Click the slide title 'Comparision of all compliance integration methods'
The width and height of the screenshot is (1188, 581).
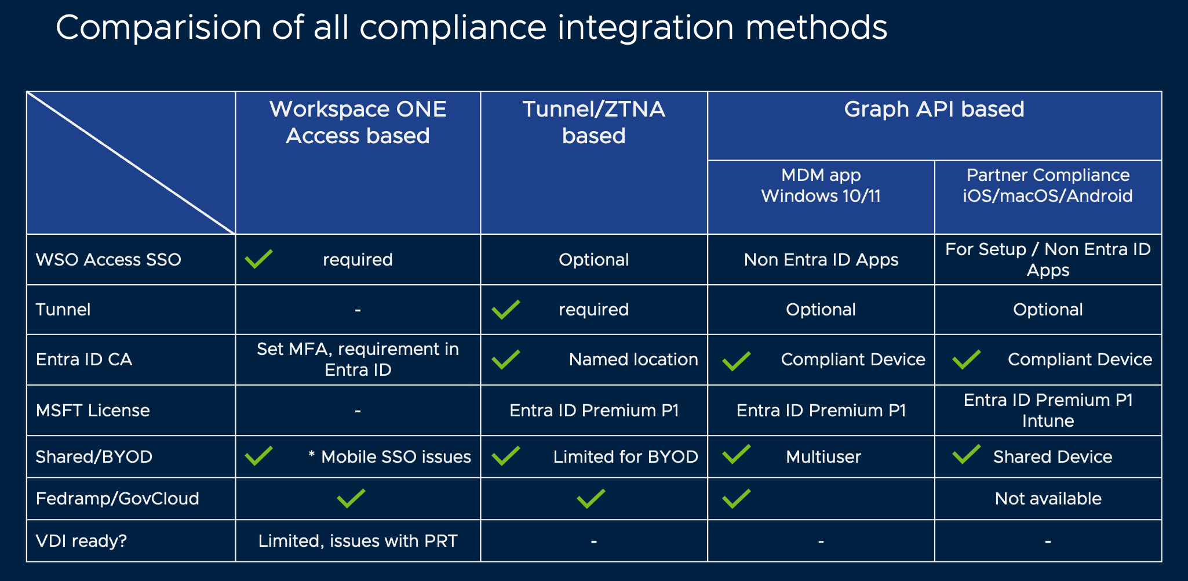click(471, 27)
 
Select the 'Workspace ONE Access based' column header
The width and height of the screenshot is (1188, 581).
click(358, 122)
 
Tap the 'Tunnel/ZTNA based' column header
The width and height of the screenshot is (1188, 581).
click(593, 122)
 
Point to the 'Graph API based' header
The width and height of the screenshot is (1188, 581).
click(934, 109)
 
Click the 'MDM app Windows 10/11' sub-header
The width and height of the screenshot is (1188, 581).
click(821, 186)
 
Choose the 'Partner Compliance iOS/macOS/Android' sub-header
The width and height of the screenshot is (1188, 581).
click(1048, 186)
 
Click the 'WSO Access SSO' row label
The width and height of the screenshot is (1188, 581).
click(108, 259)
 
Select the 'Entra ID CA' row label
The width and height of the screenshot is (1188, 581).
click(84, 360)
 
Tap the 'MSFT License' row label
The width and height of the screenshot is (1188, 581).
click(93, 411)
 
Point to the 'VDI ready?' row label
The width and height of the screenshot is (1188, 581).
click(81, 541)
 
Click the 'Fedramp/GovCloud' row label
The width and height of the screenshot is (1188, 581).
click(118, 499)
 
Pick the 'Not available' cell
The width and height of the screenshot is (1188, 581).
click(1048, 499)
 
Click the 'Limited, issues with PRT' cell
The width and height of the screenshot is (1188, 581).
click(358, 541)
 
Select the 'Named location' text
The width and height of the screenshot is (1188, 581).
click(633, 360)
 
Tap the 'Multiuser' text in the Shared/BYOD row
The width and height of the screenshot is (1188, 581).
click(823, 457)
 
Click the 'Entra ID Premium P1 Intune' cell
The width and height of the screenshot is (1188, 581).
click(1048, 411)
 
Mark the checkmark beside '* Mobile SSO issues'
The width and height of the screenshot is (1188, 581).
click(258, 455)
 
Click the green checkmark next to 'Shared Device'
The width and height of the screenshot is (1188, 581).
click(967, 454)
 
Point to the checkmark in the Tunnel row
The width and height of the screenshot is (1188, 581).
click(505, 309)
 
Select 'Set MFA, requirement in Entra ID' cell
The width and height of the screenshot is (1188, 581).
click(358, 360)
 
